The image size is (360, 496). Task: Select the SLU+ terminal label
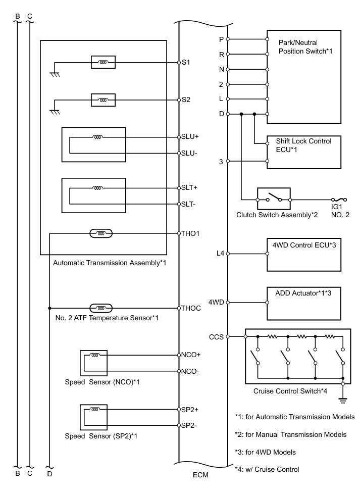[190, 137]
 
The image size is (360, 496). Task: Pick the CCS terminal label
[216, 336]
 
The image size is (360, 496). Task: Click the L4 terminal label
[220, 254]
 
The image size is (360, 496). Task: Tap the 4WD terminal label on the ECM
[217, 303]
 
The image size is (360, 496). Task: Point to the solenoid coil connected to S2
[102, 100]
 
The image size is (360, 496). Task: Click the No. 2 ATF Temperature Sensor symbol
[101, 308]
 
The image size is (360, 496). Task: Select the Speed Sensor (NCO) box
[93, 363]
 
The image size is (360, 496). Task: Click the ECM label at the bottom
[200, 475]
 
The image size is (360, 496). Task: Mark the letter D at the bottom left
[49, 474]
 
